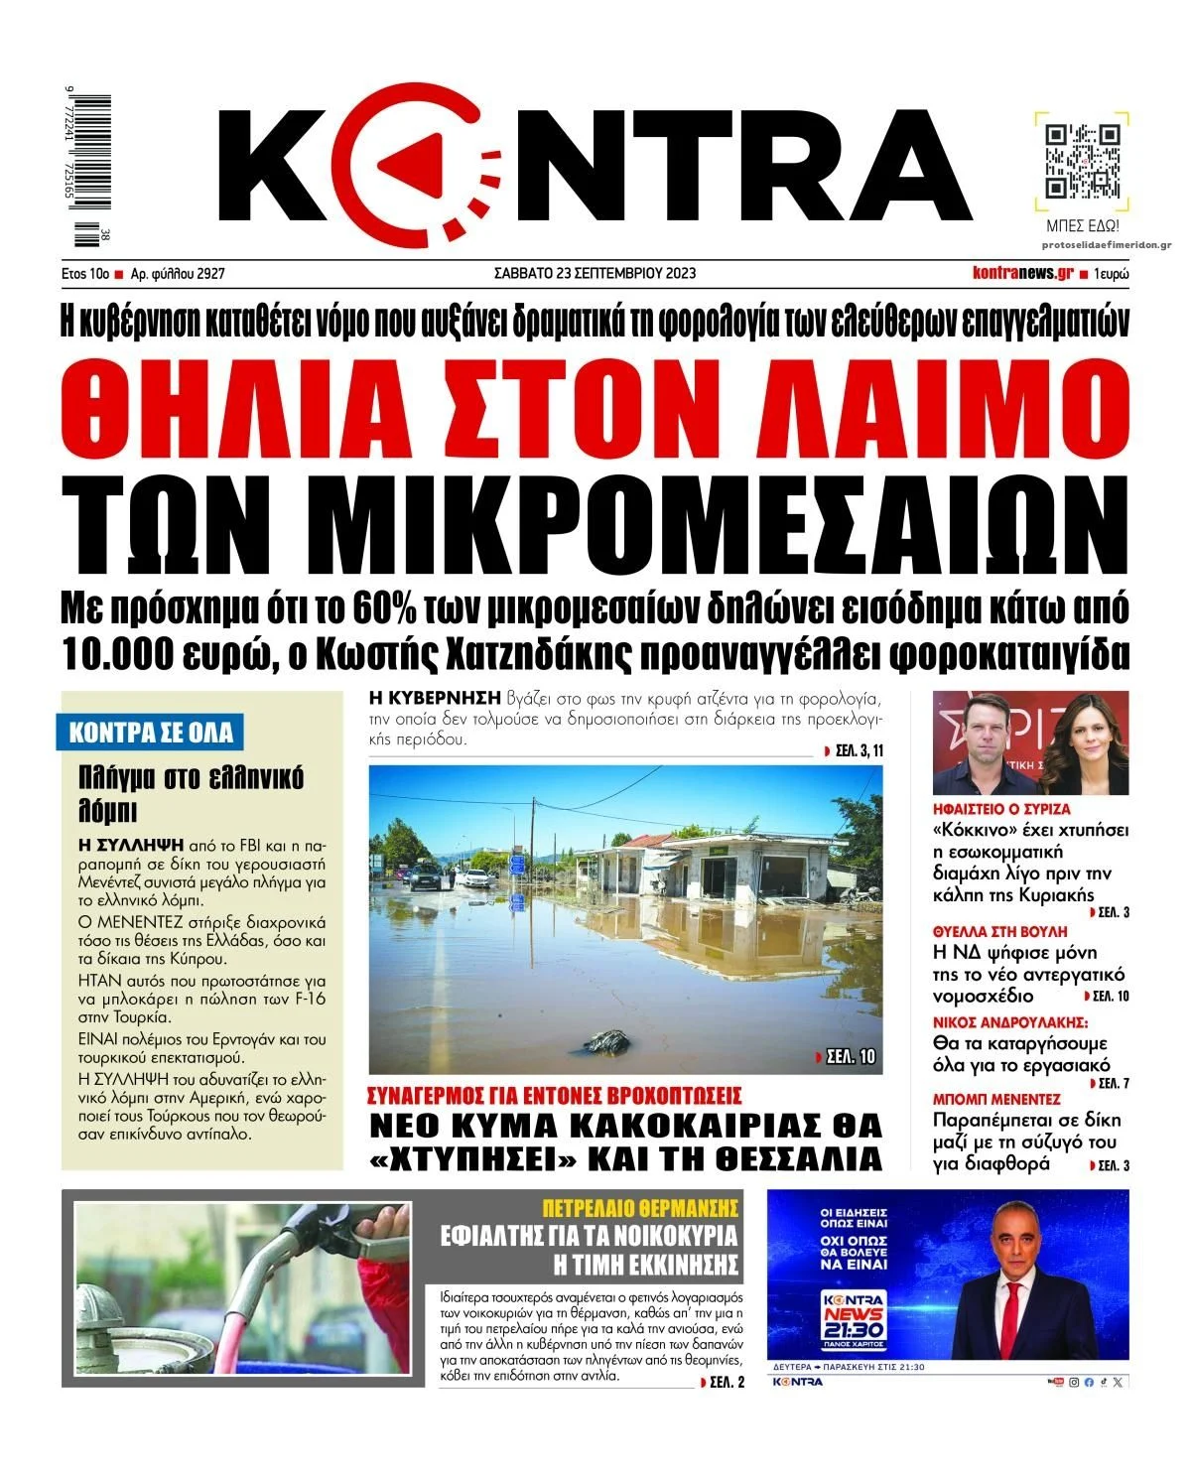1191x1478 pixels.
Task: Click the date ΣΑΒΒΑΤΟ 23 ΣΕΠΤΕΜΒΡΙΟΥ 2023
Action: (x=595, y=273)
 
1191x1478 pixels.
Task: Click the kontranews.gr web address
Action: (x=1021, y=273)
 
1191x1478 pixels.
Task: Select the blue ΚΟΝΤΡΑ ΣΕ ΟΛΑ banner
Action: (x=151, y=733)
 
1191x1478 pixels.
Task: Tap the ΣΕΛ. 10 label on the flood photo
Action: (x=845, y=1056)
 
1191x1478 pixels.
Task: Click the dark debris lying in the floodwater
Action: (x=606, y=1041)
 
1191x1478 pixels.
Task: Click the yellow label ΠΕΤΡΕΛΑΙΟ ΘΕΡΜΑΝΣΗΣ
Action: (x=640, y=1208)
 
